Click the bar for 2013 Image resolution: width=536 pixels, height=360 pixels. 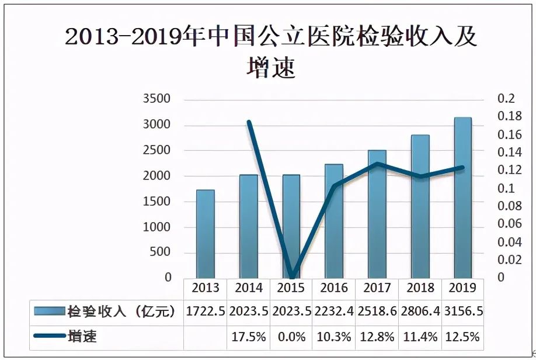[205, 234]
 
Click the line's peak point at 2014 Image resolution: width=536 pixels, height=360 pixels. [249, 122]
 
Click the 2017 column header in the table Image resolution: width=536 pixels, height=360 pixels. [377, 288]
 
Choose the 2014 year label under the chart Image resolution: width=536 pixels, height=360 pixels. [249, 288]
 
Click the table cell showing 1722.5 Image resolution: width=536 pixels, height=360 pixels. [205, 311]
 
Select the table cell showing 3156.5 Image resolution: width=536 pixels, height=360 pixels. [463, 311]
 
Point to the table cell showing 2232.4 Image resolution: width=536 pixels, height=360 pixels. [334, 311]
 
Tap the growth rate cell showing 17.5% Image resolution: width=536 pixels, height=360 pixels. [249, 337]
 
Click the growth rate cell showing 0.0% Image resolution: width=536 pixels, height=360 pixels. [291, 337]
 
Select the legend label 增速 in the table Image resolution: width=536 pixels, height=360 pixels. [82, 337]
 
